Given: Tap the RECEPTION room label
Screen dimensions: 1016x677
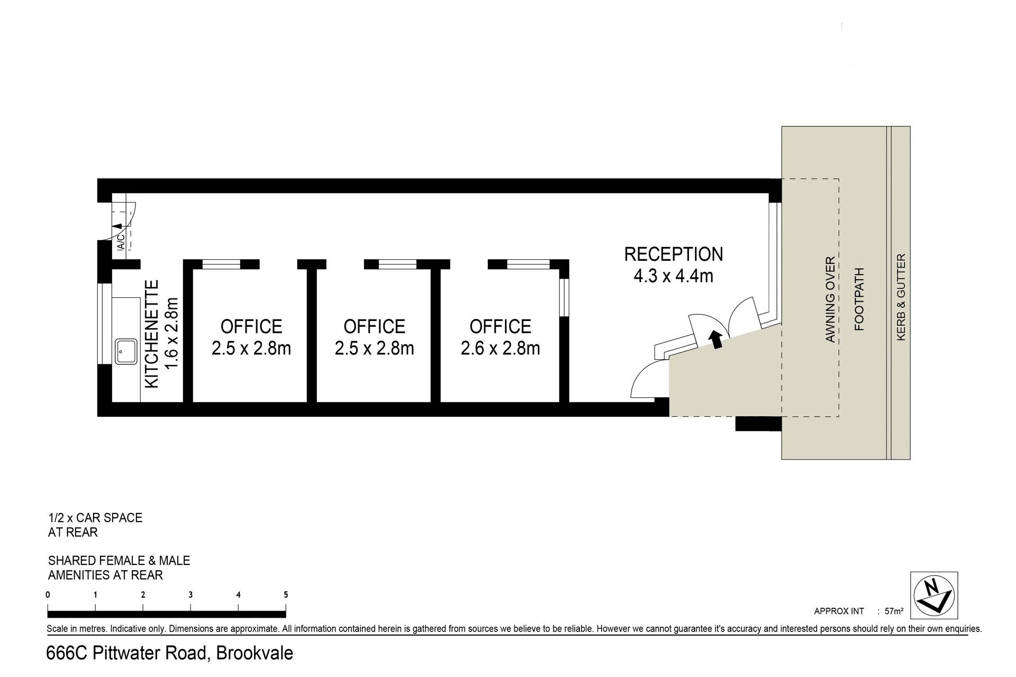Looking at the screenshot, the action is pos(674,254).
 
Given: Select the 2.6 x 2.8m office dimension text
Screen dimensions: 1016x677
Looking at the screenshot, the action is pos(501,349).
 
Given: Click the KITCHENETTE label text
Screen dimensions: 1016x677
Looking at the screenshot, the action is pos(152,334).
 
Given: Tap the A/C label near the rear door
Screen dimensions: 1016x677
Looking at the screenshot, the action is pos(121,241).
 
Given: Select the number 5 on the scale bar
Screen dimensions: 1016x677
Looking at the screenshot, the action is pos(286,594).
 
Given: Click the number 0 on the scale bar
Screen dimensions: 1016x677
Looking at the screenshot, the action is pos(48,594).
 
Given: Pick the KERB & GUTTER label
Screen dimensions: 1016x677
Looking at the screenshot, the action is pos(901,297).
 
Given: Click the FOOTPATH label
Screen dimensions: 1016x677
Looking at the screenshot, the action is pos(859,299).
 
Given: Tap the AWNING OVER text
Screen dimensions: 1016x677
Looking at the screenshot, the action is pos(830,299).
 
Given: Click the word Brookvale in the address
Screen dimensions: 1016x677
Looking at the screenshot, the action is pos(255,653).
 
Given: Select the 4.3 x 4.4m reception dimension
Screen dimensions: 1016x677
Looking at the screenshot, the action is pos(674,276).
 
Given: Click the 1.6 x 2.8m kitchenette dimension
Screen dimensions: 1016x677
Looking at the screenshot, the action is pos(173,334).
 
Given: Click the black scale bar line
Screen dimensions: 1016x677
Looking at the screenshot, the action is pos(167,614).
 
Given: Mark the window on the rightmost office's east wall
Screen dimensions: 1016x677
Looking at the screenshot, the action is pos(564,297).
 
